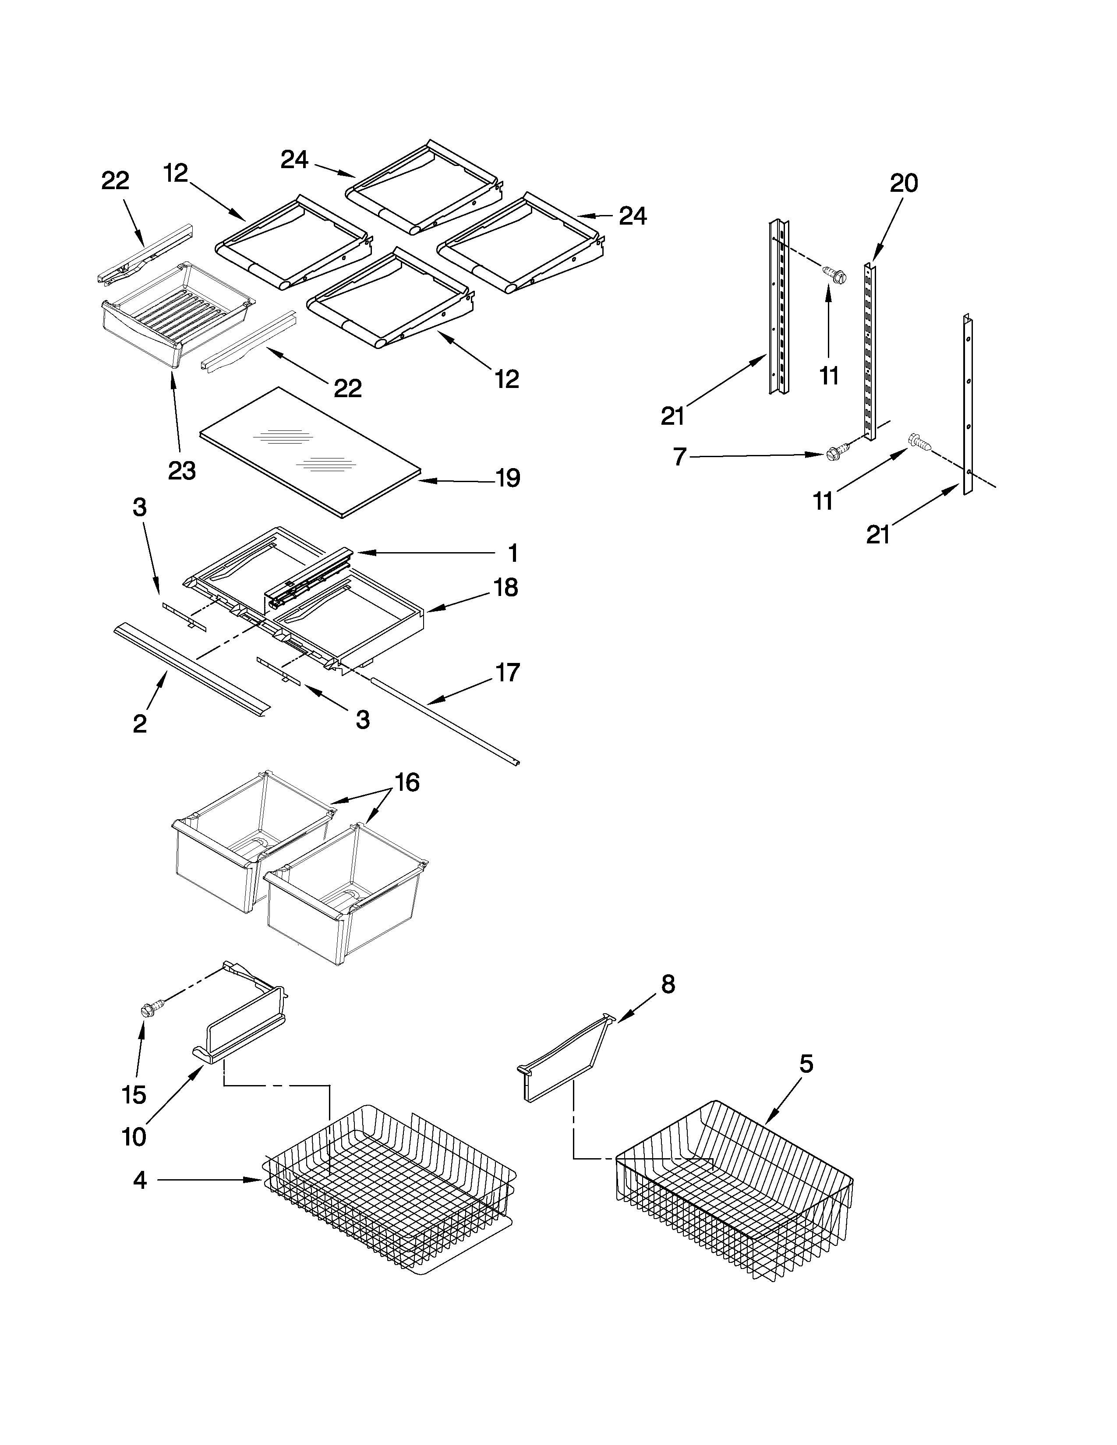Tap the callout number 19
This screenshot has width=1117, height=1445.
(508, 478)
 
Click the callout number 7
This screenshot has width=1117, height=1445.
(679, 457)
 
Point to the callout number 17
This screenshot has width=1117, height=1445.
(508, 673)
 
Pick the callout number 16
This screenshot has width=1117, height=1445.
(407, 783)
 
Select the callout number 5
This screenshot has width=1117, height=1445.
(805, 1064)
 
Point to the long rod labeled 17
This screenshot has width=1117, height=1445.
(443, 720)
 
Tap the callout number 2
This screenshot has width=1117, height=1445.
(140, 724)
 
